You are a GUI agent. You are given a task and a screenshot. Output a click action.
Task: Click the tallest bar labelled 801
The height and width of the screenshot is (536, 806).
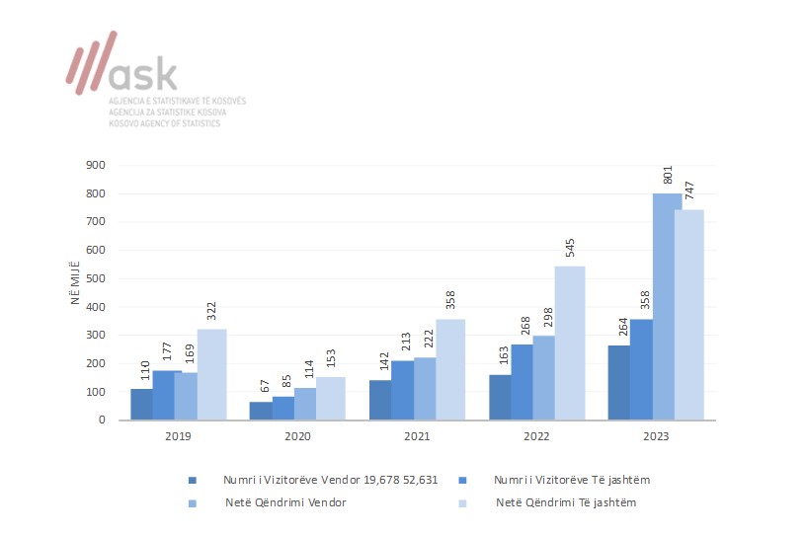pos(667,306)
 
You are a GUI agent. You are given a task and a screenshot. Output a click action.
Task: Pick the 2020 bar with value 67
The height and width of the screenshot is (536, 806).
pos(261,410)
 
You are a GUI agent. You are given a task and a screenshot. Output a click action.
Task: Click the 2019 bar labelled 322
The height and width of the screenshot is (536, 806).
pos(211,373)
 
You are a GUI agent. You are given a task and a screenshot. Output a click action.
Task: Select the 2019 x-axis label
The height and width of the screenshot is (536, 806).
pos(178,434)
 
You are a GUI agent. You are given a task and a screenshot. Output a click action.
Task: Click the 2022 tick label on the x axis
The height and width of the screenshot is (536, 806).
pos(537,434)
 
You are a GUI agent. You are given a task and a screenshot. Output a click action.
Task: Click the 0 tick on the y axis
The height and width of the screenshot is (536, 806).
pos(102,420)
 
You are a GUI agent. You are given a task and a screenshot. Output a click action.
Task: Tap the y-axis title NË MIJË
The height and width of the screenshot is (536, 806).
pos(74,279)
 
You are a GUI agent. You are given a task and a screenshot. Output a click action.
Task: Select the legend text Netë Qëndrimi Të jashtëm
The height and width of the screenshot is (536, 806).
pos(566,503)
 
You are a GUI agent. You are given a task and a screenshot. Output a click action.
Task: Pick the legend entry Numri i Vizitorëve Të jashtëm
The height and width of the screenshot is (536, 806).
pos(571,480)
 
